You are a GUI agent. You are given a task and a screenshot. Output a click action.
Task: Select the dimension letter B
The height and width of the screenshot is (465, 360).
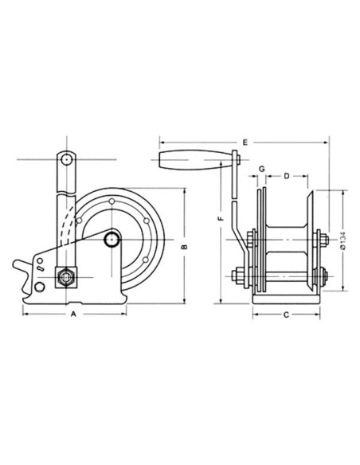[184, 248]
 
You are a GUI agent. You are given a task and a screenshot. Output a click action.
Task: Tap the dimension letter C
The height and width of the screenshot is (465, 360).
[285, 315]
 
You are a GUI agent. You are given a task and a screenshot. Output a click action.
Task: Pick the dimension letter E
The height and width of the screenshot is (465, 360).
[245, 143]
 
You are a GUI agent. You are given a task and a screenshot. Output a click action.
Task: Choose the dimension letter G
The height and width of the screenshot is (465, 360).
[260, 170]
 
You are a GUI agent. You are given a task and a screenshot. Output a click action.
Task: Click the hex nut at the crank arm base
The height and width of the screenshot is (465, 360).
[63, 278]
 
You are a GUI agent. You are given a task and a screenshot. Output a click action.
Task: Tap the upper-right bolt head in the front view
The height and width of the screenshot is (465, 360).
[323, 240]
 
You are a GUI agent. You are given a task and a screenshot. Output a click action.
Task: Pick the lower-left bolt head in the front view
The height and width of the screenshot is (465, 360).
[238, 278]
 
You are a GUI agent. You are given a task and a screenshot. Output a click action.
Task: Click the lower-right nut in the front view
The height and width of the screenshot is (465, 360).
[323, 278]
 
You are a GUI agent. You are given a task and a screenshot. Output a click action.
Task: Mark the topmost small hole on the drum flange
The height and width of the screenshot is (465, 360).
[115, 202]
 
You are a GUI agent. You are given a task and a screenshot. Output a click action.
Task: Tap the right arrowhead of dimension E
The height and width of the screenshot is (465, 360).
[329, 143]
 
